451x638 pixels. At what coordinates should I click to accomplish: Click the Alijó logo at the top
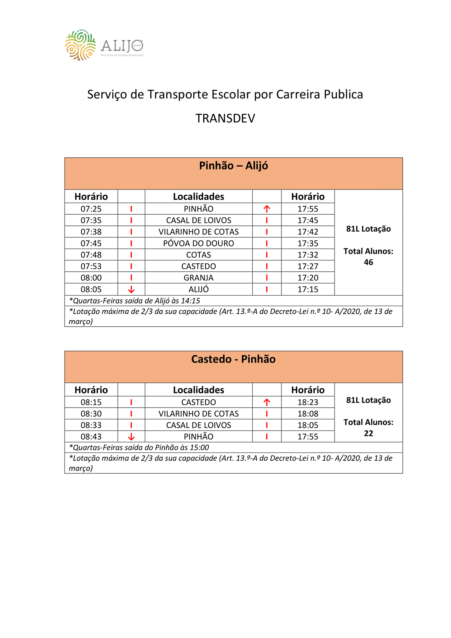[104, 45]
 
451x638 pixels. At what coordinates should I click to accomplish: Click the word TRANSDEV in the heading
[225, 118]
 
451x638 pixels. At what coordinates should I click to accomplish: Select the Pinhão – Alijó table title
[233, 166]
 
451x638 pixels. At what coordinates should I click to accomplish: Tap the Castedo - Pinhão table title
[233, 359]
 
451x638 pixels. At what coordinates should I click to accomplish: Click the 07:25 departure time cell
[91, 209]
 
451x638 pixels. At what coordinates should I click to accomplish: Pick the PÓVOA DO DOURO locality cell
[198, 243]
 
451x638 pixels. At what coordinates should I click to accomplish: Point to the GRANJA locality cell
[198, 278]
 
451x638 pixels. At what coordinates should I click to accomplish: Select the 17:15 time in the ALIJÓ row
[308, 289]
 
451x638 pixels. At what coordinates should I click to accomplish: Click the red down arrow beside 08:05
[131, 290]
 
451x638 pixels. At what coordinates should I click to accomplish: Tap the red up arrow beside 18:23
[267, 402]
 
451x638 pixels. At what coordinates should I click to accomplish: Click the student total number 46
[368, 262]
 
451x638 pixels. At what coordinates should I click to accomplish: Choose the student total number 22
[368, 433]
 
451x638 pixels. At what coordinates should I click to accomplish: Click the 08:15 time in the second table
[91, 402]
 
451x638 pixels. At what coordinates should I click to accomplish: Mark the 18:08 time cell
[308, 414]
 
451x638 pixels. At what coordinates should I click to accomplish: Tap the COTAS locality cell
[198, 255]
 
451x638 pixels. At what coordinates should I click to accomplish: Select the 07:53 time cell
[91, 266]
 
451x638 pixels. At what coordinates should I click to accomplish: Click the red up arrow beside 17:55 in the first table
[267, 209]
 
